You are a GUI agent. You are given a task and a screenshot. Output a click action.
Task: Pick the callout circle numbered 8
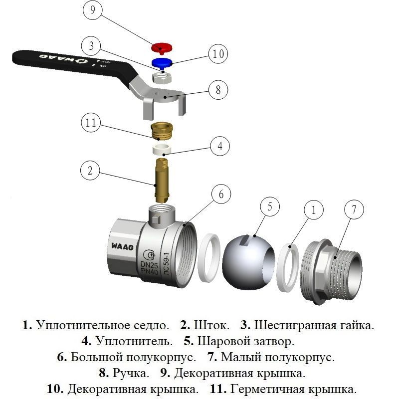coord(218,90)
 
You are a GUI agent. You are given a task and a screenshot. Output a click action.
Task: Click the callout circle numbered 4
coord(219,147)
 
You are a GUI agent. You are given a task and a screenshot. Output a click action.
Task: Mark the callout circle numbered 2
coord(90,171)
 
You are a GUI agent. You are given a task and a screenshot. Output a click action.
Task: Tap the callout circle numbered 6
coord(222,195)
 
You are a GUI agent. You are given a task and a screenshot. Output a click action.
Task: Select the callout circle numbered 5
coord(270,207)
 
